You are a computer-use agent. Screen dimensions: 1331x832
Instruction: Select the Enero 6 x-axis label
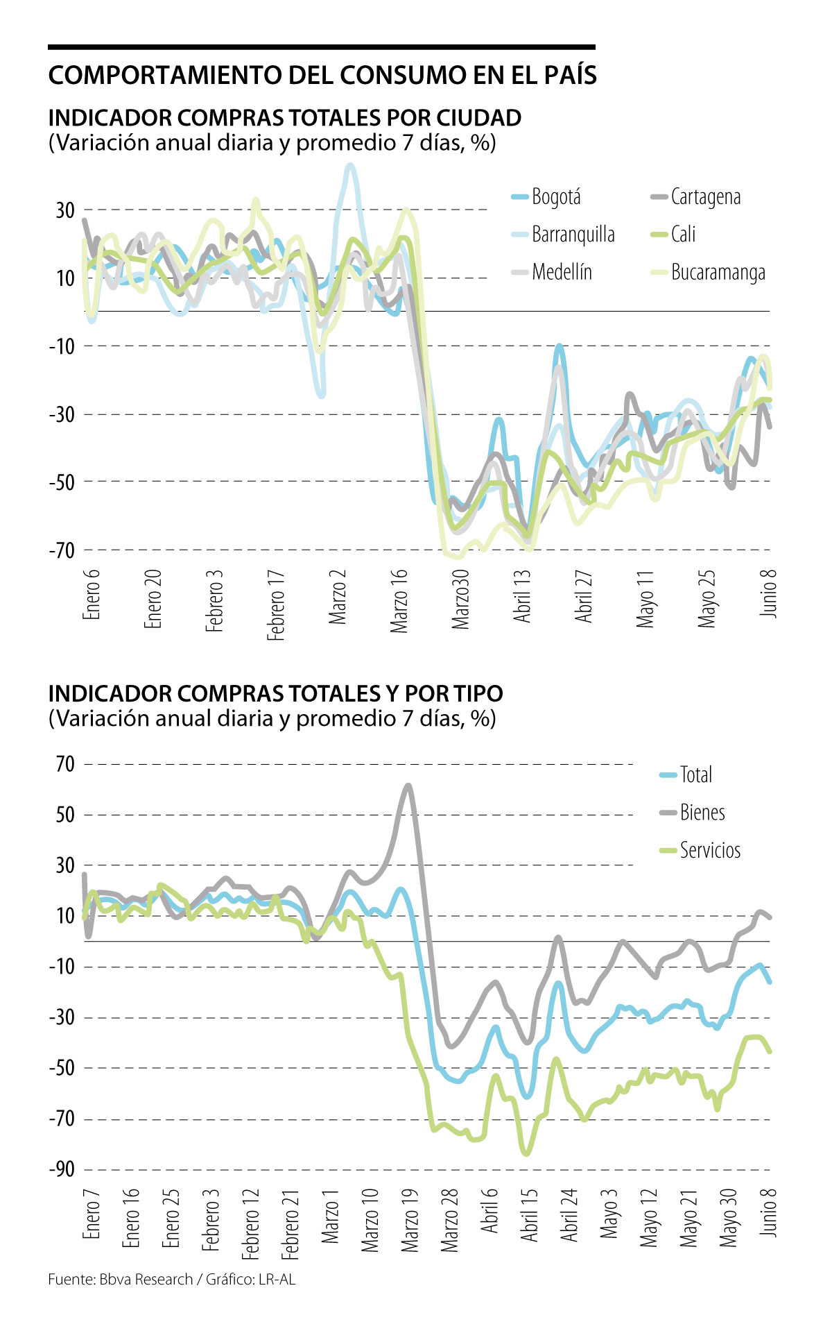[x=92, y=594]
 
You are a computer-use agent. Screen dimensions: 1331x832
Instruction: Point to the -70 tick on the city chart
[x=61, y=550]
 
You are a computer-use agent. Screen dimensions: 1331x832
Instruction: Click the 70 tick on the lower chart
[x=65, y=764]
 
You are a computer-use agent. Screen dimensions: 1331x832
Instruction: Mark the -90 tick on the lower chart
[x=61, y=1169]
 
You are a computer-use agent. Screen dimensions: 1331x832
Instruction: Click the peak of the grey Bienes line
[x=408, y=786]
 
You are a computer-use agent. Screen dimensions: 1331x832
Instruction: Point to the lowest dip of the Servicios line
[x=526, y=1153]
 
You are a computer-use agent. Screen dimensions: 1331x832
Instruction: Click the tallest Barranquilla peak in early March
[x=350, y=166]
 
